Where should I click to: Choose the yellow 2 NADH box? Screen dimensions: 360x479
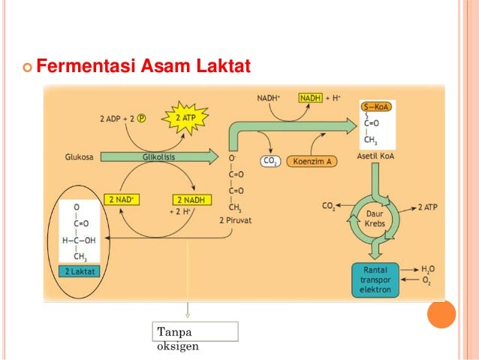click(192, 200)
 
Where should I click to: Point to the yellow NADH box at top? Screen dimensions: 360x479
click(311, 98)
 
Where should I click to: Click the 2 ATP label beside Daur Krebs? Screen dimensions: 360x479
click(429, 204)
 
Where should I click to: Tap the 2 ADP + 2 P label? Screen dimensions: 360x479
click(123, 118)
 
